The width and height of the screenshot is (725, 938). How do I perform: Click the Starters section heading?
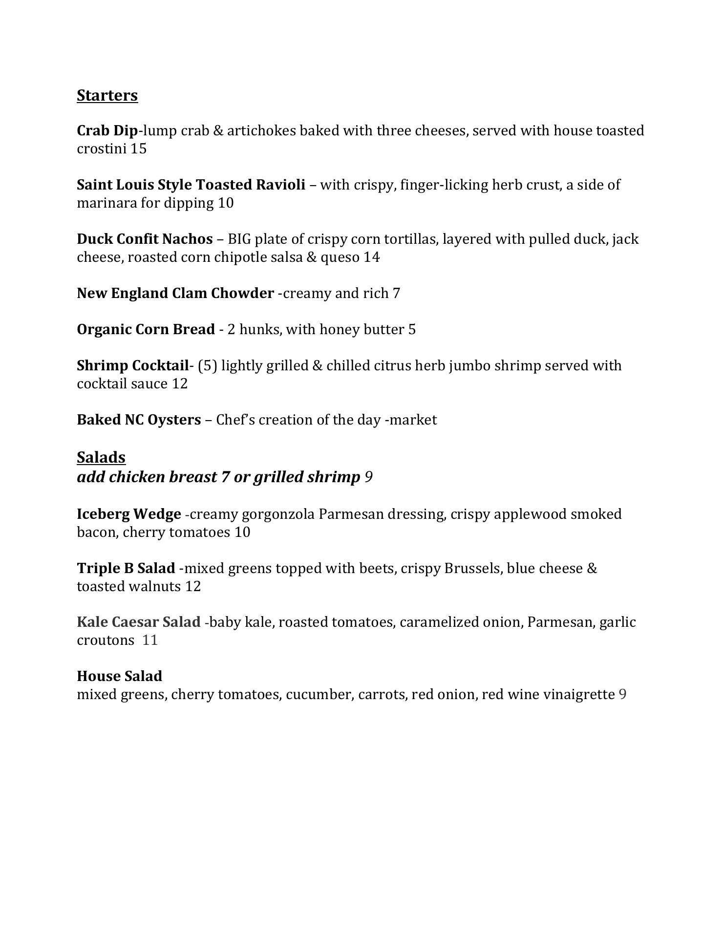(107, 95)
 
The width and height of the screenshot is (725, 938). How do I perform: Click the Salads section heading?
(101, 457)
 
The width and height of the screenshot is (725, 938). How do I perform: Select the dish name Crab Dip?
(107, 131)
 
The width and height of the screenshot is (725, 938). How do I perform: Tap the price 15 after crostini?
(138, 149)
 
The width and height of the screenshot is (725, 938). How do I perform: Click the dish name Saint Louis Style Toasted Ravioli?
(191, 185)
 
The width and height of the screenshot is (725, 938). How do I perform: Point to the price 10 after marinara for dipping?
(226, 203)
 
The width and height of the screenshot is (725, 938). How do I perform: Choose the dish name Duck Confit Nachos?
(145, 239)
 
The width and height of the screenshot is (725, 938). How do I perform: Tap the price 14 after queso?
(371, 257)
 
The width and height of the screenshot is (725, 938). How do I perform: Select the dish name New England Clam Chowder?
(175, 294)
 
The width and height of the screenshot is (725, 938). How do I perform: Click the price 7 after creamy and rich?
(396, 294)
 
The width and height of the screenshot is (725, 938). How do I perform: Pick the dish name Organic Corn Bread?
(146, 330)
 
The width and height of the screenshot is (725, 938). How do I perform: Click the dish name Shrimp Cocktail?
(132, 366)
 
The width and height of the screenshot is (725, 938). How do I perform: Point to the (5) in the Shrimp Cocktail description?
(208, 366)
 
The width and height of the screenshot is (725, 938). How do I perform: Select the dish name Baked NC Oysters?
(139, 420)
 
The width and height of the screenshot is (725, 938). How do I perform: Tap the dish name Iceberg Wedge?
(129, 514)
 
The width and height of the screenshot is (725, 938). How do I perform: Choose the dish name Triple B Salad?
(126, 569)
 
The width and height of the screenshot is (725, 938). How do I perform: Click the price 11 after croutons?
(150, 640)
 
